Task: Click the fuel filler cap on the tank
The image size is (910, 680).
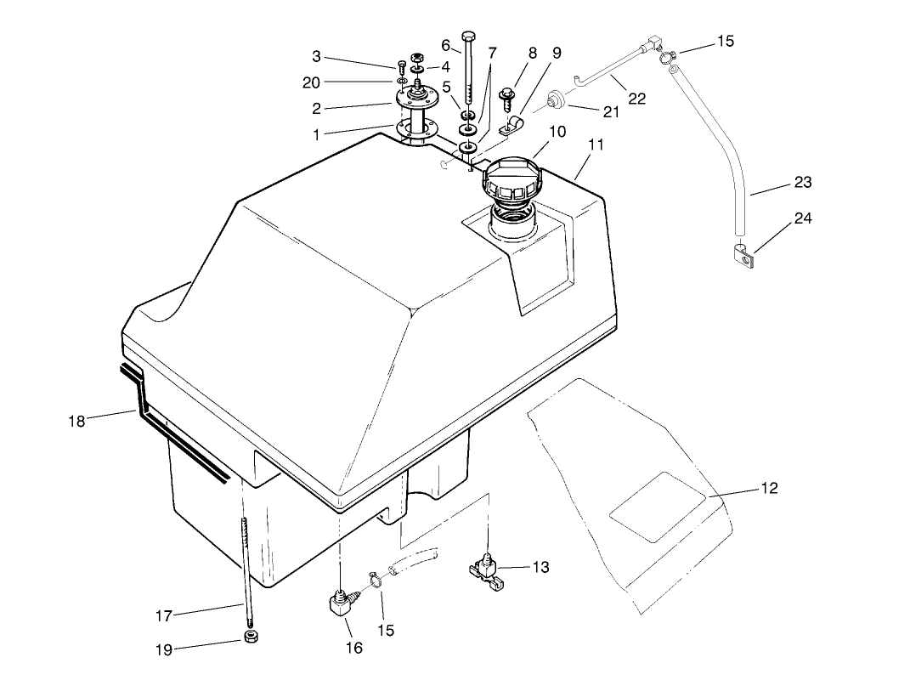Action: (510, 178)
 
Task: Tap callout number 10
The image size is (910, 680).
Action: (557, 132)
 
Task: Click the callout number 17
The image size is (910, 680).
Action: (164, 616)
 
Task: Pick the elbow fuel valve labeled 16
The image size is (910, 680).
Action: (343, 605)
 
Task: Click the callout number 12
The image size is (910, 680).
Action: (769, 489)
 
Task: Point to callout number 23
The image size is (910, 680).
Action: (803, 182)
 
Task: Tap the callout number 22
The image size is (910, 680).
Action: (637, 99)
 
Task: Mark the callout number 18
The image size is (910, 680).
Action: (76, 421)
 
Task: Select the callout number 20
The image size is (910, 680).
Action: (312, 82)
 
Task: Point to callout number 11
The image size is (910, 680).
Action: (596, 144)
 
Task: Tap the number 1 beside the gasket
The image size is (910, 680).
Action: (316, 134)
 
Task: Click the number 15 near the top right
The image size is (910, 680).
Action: (725, 41)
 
